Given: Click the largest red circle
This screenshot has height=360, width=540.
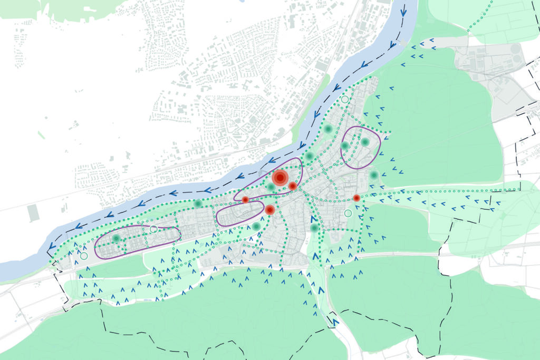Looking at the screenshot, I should tap(279, 177).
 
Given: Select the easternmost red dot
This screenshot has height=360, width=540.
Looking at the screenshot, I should tap(356, 198).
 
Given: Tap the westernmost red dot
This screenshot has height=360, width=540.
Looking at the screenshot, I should tap(245, 200).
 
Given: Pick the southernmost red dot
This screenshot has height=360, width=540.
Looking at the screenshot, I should tap(269, 210).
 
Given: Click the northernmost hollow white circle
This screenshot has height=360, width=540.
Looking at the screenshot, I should tap(345, 99).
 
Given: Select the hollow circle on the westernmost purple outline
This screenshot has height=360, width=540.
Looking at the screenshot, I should tap(153, 229).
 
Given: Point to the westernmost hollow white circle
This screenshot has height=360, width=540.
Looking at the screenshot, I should tap(84, 256).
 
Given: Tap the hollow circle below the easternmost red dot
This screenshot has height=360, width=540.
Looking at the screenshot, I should tap(348, 213).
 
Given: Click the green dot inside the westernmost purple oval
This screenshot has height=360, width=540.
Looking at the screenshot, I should tap(116, 239).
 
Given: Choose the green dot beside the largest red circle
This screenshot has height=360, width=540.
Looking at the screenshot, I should tap(271, 187).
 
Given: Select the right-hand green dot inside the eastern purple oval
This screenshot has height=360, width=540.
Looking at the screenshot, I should tap(364, 142).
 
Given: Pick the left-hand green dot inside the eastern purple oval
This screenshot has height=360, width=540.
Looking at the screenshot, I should tap(345, 145).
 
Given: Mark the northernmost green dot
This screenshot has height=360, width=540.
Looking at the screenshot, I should tap(328, 129).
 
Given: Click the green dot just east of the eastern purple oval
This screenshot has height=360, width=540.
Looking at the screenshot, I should tap(374, 174).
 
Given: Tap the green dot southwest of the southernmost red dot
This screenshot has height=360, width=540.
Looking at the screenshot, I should tap(256, 226).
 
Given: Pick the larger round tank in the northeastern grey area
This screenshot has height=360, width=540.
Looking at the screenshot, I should tap(514, 49).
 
